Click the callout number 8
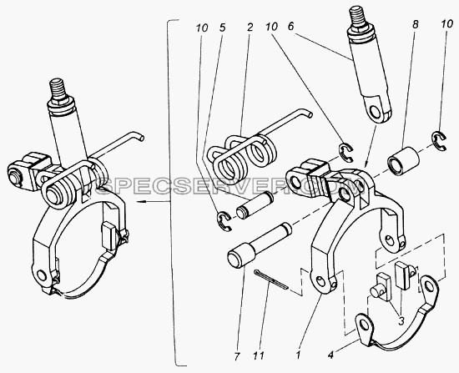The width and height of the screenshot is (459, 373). (415, 24)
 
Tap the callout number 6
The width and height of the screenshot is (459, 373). (290, 27)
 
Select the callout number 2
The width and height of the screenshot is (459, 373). (250, 28)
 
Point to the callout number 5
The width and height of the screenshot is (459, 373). (222, 28)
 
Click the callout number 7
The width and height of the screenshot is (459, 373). (237, 356)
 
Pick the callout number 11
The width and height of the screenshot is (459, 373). (259, 356)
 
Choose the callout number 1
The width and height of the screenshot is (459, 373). (298, 355)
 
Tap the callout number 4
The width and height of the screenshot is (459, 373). (330, 355)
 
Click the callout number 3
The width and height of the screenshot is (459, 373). (401, 321)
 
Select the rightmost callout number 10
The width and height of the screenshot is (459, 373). (447, 24)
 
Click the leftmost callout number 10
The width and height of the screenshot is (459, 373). (202, 28)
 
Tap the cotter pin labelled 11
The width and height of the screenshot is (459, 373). (271, 280)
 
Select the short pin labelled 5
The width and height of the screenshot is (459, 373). (255, 205)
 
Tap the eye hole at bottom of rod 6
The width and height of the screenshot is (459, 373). (375, 110)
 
